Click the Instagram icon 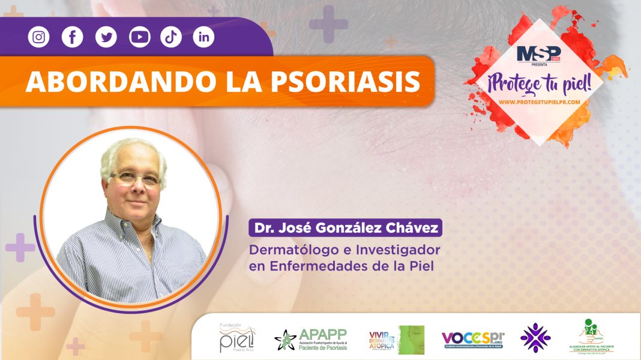click(x=38, y=37)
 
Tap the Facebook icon click(x=72, y=37)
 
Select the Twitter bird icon click(x=106, y=37)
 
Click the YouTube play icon click(x=139, y=37)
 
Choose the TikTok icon click(x=171, y=37)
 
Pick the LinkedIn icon click(x=204, y=37)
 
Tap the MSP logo click(x=538, y=53)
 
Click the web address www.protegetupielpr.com click(x=539, y=102)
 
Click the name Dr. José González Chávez click(x=345, y=229)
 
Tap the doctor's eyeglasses click(x=136, y=178)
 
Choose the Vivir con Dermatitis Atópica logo click(x=396, y=340)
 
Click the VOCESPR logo click(x=473, y=340)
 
